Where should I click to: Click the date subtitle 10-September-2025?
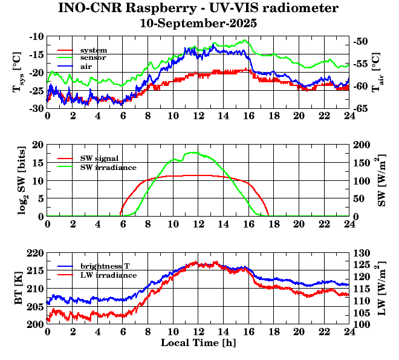point(198,24)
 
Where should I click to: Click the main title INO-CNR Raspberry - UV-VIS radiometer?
point(198,8)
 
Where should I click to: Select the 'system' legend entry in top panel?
point(94,50)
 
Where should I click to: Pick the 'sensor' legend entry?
point(93,58)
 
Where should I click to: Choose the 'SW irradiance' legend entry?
point(108,167)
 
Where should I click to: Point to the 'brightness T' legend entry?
point(105,266)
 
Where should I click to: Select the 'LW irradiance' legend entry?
point(108,275)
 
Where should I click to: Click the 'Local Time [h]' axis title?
point(198,343)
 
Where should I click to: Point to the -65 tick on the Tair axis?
point(363,108)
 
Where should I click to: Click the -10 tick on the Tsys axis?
point(36,36)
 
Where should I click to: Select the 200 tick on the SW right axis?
point(362,145)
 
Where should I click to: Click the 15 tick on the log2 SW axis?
point(38,163)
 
